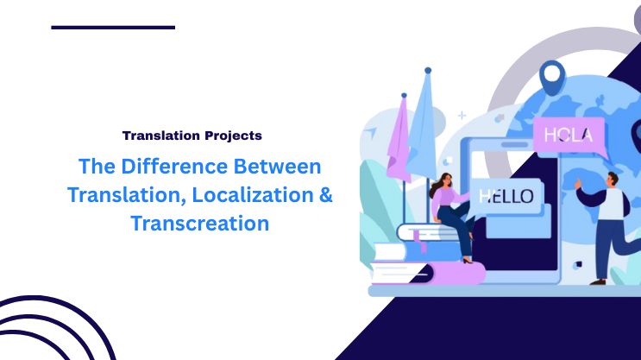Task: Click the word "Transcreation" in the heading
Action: point(200,223)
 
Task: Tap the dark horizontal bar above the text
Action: point(113,28)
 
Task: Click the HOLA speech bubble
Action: point(568,136)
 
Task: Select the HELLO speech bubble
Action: point(506,195)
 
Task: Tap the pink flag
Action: point(399,138)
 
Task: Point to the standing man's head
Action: point(612,180)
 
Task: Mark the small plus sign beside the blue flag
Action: point(462,115)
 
